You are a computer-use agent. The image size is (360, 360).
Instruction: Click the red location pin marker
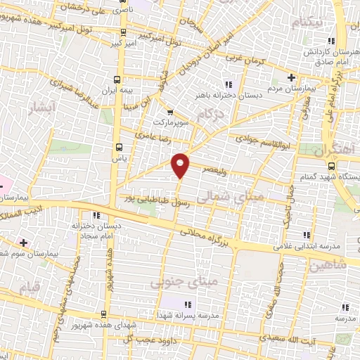pyautogui.click(x=181, y=165)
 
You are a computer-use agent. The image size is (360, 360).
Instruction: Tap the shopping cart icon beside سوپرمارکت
pyautogui.click(x=169, y=111)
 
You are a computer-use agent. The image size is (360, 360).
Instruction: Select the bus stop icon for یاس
pyautogui.click(x=118, y=147)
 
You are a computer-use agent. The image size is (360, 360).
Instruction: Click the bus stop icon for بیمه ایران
pyautogui.click(x=117, y=79)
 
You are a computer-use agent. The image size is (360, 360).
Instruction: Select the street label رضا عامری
pyautogui.click(x=154, y=133)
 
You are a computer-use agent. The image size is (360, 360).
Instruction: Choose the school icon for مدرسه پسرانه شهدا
pyautogui.click(x=188, y=304)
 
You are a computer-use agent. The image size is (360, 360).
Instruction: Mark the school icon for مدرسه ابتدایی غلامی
pyautogui.click(x=305, y=235)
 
